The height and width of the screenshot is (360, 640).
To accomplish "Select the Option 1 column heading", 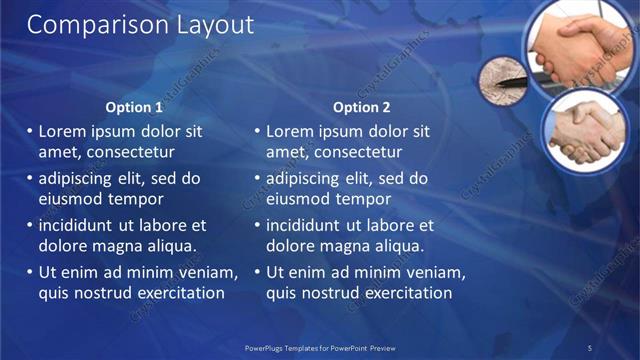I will point(134,107).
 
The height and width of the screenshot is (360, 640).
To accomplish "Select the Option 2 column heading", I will point(362,107).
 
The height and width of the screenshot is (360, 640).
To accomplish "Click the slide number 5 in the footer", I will point(589,347).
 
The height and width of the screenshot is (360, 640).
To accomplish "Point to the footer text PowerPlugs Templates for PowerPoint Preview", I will point(320,347).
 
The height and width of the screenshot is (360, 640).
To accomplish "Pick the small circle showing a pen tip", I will point(505,79).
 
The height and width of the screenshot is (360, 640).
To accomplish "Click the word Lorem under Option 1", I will point(62,131).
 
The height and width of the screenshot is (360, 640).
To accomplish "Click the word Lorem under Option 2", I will point(289,131).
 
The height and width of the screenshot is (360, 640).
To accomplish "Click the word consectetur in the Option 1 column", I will point(132,152).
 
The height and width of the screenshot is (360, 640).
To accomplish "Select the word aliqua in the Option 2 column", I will point(399,246).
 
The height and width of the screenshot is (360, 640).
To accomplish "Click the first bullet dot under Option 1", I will point(29,131).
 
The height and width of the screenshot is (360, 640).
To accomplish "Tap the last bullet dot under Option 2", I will point(257,273).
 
